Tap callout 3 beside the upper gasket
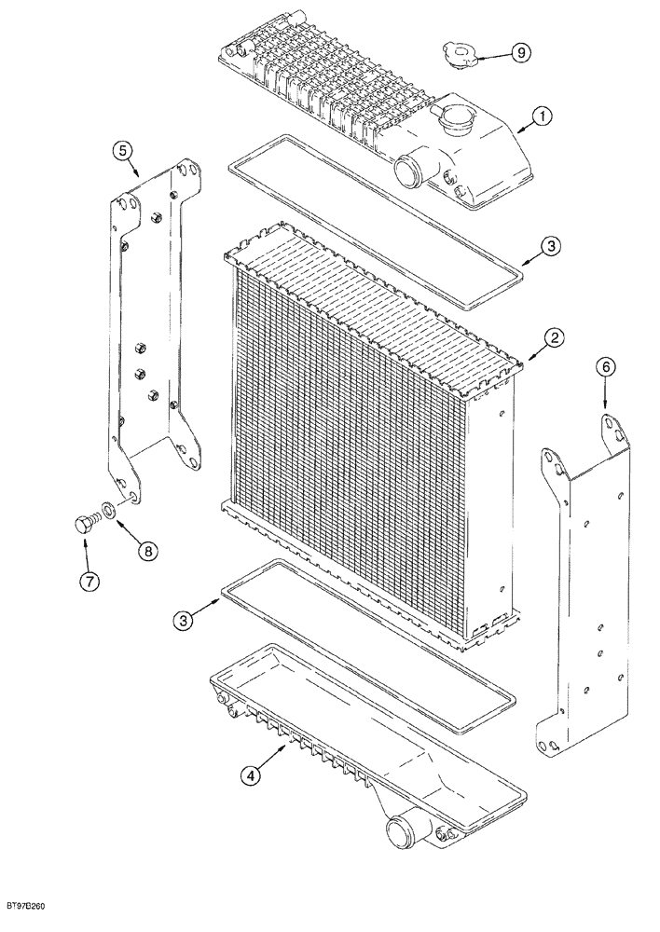[551, 246]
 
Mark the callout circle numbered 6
[606, 369]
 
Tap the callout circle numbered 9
[522, 53]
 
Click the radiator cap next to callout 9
[459, 52]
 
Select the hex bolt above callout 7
[83, 522]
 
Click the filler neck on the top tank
[456, 122]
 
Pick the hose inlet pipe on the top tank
[408, 170]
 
